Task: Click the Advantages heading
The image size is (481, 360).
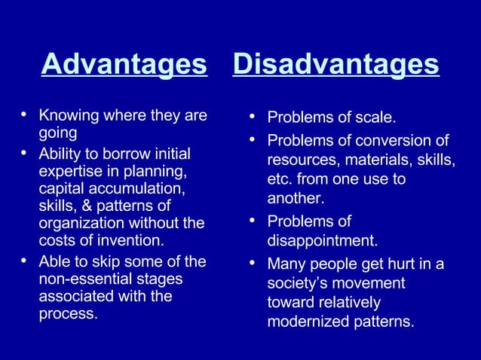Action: pyautogui.click(x=124, y=65)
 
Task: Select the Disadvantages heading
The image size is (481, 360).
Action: pyautogui.click(x=335, y=65)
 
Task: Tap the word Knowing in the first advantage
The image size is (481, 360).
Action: pyautogui.click(x=66, y=116)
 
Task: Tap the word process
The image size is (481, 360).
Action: pyautogui.click(x=68, y=314)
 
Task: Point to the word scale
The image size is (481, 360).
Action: pyautogui.click(x=374, y=118)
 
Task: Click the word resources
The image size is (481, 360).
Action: pyautogui.click(x=302, y=161)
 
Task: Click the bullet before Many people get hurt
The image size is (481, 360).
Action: pyautogui.click(x=253, y=264)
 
